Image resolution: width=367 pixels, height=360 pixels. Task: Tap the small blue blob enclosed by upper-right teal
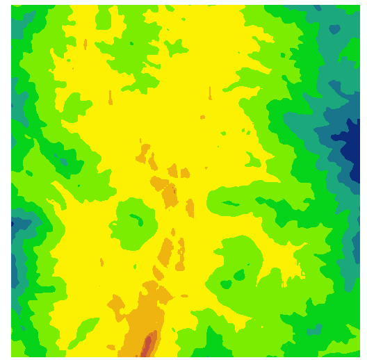[335, 29]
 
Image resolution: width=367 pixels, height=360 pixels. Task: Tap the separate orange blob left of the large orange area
[114, 303]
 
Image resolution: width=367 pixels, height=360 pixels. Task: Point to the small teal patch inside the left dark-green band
[65, 161]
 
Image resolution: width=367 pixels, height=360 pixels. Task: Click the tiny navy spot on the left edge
[13, 224]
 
